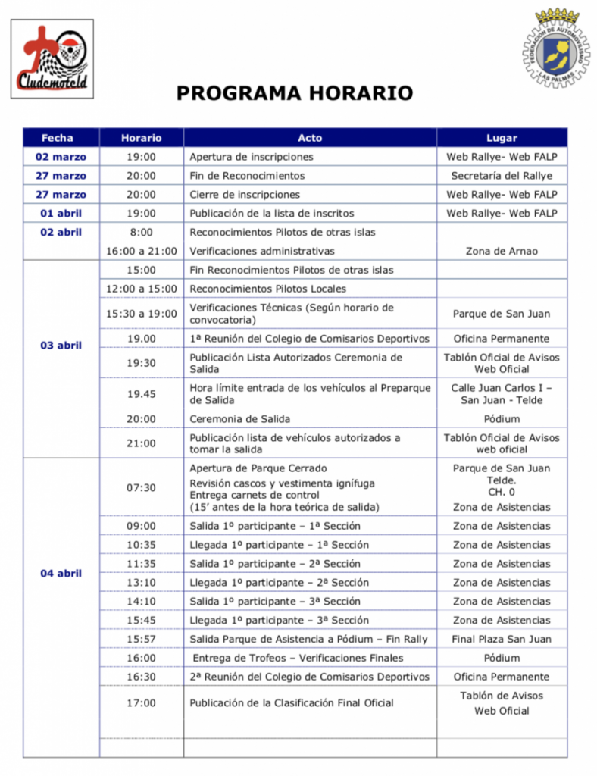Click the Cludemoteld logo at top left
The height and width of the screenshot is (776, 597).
pyautogui.click(x=52, y=59)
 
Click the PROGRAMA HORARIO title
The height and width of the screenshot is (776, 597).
pyautogui.click(x=295, y=93)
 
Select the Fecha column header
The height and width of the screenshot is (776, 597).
pyautogui.click(x=58, y=138)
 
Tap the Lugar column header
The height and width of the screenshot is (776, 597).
pyautogui.click(x=502, y=138)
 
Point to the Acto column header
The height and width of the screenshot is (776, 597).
pyautogui.click(x=310, y=138)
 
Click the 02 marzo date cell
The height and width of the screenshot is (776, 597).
pyautogui.click(x=61, y=157)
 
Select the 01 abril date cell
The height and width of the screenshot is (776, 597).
pyautogui.click(x=61, y=214)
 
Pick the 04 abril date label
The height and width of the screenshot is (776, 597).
pyautogui.click(x=61, y=574)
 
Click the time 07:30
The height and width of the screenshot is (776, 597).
pyautogui.click(x=142, y=488)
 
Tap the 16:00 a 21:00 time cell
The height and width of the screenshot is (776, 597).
pyautogui.click(x=142, y=251)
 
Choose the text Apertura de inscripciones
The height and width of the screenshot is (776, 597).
pyautogui.click(x=251, y=157)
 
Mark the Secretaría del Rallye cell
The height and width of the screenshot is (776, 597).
pyautogui.click(x=502, y=176)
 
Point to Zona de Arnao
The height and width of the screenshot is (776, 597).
pyautogui.click(x=502, y=251)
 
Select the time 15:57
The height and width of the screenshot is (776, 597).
pyautogui.click(x=142, y=640)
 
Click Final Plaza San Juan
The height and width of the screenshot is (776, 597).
pyautogui.click(x=502, y=640)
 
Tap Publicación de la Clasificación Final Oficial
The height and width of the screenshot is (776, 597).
pyautogui.click(x=291, y=703)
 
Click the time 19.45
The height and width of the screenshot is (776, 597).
pyautogui.click(x=142, y=394)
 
